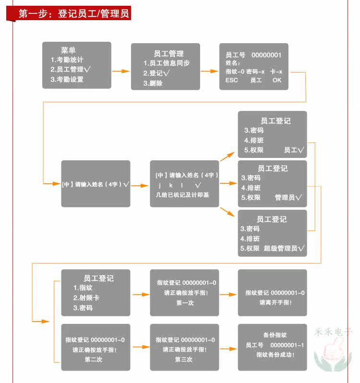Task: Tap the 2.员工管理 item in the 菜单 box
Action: click(x=70, y=70)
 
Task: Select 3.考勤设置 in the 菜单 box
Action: click(x=67, y=79)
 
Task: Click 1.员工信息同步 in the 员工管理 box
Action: click(x=166, y=63)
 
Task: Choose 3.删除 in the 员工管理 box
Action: click(x=153, y=83)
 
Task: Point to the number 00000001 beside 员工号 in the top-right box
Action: click(x=266, y=55)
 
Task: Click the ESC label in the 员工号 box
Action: click(x=231, y=81)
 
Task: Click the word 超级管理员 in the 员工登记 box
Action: click(x=280, y=249)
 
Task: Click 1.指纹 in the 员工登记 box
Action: click(x=83, y=287)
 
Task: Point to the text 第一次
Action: click(x=185, y=303)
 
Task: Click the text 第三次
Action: click(x=184, y=359)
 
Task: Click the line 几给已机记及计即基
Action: click(x=182, y=195)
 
